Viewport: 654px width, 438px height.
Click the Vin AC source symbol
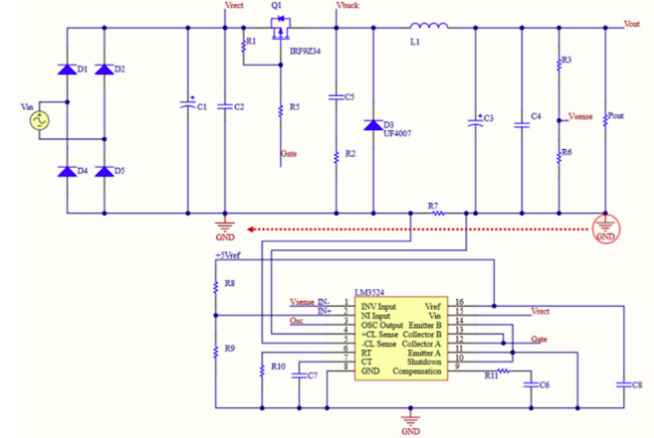point(39,121)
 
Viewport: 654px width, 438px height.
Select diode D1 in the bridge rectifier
point(66,69)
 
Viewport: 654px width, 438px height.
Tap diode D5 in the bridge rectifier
point(104,172)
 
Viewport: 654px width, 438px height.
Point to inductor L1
point(428,27)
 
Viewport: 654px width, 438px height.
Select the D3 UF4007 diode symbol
point(373,125)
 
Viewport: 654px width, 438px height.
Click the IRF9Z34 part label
point(305,51)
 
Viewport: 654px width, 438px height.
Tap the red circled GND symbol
point(605,228)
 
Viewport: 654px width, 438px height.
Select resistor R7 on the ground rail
point(438,213)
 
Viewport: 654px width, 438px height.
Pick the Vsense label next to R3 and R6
point(580,117)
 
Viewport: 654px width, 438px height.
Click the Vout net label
point(632,24)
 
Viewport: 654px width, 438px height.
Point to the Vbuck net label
point(348,6)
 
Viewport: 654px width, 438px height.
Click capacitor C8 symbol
point(624,384)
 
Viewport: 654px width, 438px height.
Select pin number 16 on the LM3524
point(459,302)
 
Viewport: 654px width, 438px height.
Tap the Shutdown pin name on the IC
point(424,362)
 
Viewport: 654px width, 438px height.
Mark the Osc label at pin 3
point(296,321)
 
